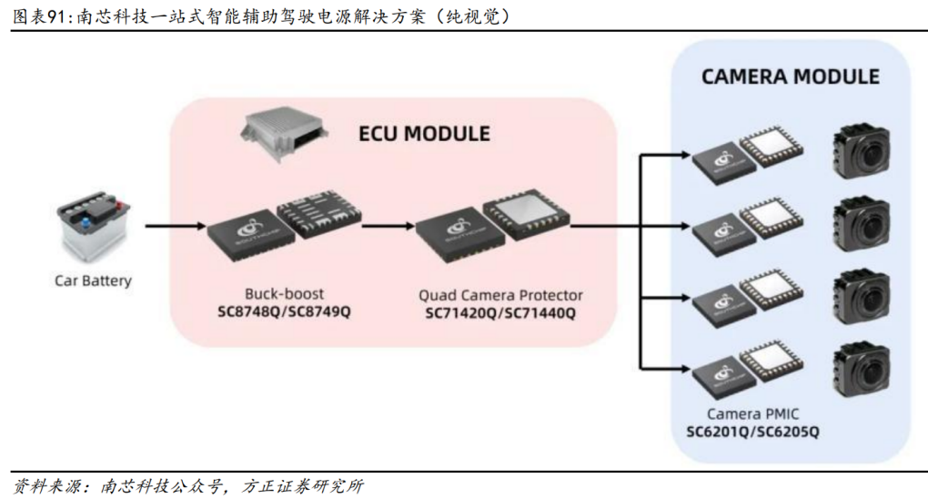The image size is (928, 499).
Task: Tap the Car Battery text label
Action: (x=93, y=280)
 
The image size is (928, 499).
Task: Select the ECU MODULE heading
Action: (x=424, y=134)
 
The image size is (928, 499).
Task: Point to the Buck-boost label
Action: (x=284, y=294)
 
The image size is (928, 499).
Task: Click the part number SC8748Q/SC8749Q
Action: (x=284, y=311)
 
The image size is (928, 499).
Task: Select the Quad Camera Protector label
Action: (x=500, y=295)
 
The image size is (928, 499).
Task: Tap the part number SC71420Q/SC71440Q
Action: (x=500, y=312)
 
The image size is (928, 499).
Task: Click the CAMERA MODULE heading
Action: (x=790, y=76)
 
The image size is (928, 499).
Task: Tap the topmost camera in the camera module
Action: (x=861, y=153)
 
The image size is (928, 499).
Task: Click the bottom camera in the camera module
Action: (x=861, y=366)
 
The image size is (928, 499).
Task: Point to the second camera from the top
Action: (x=861, y=224)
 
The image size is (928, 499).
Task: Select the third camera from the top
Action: (x=861, y=295)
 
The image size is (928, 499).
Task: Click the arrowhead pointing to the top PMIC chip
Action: (x=681, y=155)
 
